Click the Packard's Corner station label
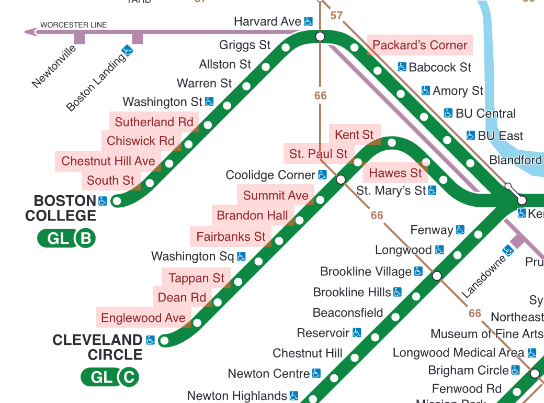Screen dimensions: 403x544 [420, 45]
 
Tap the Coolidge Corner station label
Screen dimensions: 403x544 [270, 175]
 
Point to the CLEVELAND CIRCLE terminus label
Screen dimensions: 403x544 [97, 347]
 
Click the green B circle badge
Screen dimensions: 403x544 [86, 239]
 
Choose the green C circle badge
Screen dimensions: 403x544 [129, 377]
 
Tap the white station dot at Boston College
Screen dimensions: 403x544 [117, 200]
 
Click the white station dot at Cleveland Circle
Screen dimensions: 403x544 [164, 341]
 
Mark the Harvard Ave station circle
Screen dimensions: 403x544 [320, 36]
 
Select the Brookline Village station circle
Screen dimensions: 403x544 [437, 275]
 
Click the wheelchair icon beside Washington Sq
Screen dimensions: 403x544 [241, 256]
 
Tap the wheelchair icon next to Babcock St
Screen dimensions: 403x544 [402, 67]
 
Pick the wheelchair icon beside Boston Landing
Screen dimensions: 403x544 [128, 50]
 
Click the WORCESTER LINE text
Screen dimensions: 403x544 [73, 25]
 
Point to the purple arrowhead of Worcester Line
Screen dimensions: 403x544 [30, 32]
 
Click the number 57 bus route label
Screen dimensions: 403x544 [336, 16]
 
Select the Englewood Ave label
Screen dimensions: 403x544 [143, 318]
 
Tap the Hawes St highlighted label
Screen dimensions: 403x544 [395, 173]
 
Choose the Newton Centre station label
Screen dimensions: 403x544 [269, 374]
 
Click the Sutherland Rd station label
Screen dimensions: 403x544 [154, 122]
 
